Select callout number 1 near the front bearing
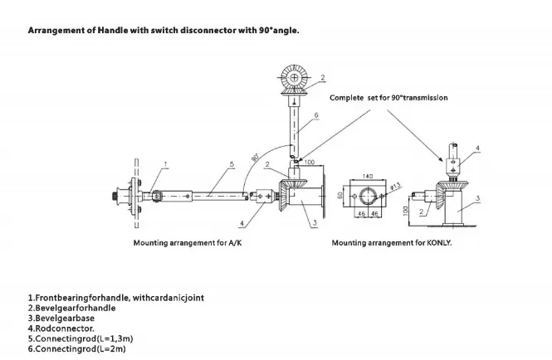click(166, 164)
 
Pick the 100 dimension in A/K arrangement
click(309, 163)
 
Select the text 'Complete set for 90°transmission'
click(388, 97)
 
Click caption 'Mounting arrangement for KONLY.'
click(391, 244)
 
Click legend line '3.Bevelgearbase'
click(61, 316)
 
